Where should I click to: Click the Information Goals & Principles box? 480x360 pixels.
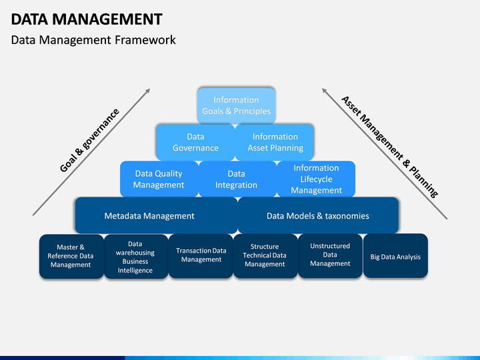pos(236,105)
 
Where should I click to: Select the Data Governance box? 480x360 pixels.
pos(195,143)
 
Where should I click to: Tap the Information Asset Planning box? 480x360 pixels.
pos(275,143)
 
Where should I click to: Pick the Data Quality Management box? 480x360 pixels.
pos(159,179)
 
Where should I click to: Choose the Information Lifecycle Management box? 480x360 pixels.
pos(316,179)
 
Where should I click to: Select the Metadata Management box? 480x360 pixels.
pos(156,215)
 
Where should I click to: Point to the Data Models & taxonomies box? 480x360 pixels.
pos(318,215)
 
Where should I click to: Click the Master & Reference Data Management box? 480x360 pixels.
pos(71,257)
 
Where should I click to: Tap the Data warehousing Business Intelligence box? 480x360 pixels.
pos(136,257)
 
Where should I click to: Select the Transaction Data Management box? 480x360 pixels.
pos(201,256)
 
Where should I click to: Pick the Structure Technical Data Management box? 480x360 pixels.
pos(265,256)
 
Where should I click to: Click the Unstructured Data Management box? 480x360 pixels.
pos(330,256)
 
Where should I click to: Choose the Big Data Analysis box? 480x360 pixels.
pos(395,256)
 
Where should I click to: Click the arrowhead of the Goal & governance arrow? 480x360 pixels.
pos(149,90)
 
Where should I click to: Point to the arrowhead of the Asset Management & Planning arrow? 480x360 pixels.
pos(323,90)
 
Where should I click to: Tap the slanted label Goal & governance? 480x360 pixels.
pos(89,141)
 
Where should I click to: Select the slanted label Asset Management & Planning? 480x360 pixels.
pos(390,147)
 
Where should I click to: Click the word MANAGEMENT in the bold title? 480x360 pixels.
pos(107,19)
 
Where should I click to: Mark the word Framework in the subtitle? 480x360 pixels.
pos(145,40)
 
